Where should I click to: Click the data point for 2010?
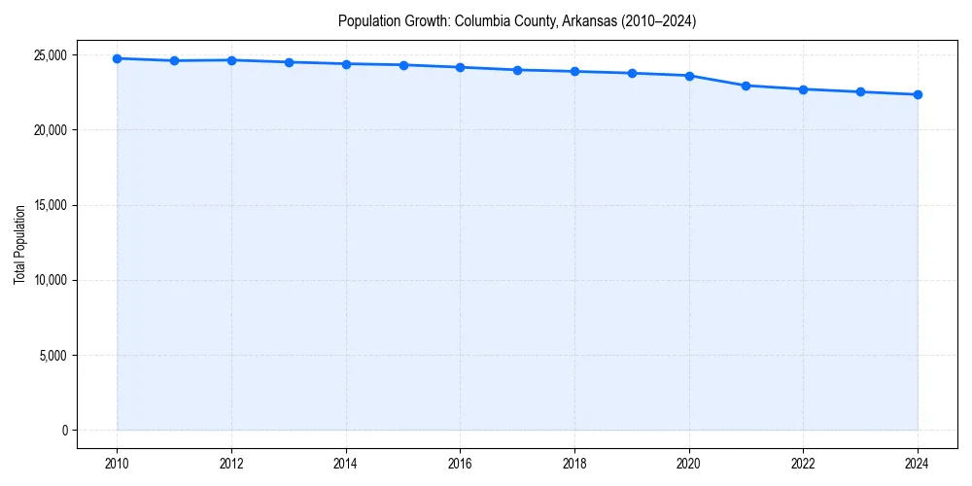click(117, 58)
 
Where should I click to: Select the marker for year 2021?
click(746, 86)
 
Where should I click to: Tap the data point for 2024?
click(918, 94)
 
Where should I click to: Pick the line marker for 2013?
click(289, 62)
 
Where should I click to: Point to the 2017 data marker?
click(517, 70)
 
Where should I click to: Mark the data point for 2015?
click(403, 65)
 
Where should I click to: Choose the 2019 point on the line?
click(632, 73)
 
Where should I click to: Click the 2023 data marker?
click(860, 91)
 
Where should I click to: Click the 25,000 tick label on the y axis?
click(49, 55)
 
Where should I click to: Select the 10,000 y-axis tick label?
click(49, 280)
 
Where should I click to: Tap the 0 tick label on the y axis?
click(64, 430)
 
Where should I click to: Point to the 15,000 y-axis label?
click(49, 205)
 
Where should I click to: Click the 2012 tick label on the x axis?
click(231, 464)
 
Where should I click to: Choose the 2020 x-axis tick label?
click(689, 464)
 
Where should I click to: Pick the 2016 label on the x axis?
click(461, 464)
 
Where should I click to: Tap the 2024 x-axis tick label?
click(918, 464)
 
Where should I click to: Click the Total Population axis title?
click(19, 244)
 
